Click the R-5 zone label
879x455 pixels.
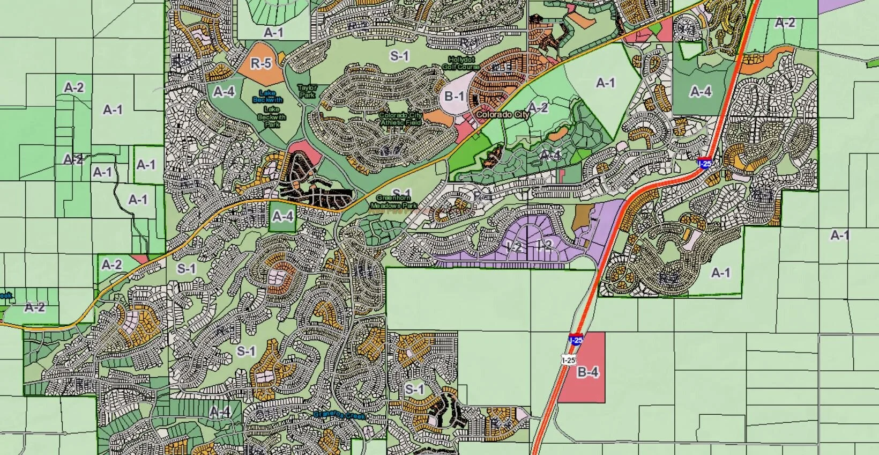(x=261, y=63)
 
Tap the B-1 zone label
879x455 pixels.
(x=454, y=96)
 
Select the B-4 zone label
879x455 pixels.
(x=587, y=372)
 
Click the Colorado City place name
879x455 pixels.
(x=502, y=114)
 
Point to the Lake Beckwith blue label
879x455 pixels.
(x=267, y=97)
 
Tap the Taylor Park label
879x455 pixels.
(x=308, y=91)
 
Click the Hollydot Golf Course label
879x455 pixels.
(x=461, y=63)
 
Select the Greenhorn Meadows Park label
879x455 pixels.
(x=393, y=202)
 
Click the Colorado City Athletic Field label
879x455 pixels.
(x=400, y=119)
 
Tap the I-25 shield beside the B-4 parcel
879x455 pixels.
(x=576, y=339)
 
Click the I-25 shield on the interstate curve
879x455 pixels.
(x=705, y=163)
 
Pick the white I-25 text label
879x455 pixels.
(x=569, y=360)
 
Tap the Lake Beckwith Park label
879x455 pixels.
(x=272, y=116)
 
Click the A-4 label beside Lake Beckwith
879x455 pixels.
(x=224, y=92)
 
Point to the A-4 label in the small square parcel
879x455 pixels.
(x=283, y=216)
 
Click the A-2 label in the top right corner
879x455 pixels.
(x=785, y=23)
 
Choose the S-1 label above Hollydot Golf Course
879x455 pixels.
(x=399, y=56)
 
